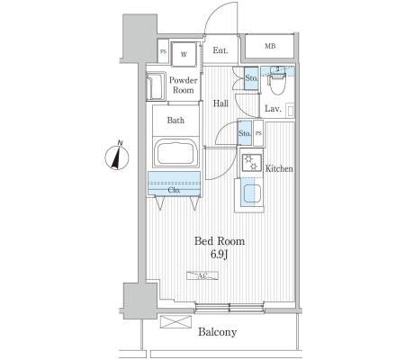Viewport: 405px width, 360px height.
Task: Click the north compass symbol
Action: tap(117, 156)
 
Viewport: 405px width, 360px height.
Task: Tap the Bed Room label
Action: tap(220, 241)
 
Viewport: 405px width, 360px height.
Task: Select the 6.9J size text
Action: tap(220, 255)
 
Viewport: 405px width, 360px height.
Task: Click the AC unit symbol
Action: tap(202, 275)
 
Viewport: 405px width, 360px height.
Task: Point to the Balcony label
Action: tap(218, 332)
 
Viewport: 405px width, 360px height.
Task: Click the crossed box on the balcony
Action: tap(175, 322)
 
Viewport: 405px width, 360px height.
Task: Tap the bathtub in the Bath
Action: tap(175, 154)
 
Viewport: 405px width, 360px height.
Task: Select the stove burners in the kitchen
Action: tap(251, 163)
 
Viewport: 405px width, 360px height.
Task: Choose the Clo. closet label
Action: tap(174, 190)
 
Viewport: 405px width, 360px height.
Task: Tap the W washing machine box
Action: tap(184, 54)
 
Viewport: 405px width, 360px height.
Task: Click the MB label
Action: tap(270, 46)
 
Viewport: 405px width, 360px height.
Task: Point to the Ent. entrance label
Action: tap(220, 50)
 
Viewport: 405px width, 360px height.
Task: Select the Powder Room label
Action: tap(184, 85)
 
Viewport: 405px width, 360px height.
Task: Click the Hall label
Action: tap(220, 103)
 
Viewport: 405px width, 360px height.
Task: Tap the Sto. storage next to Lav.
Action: tap(251, 78)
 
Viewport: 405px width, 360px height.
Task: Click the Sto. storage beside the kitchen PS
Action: tap(245, 133)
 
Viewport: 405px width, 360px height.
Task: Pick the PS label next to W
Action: tap(163, 51)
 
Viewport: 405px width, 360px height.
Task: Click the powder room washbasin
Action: tap(155, 86)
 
